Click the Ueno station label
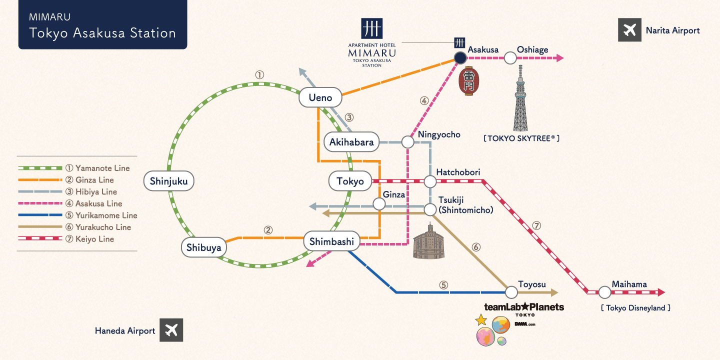[320, 98]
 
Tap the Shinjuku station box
[168, 181]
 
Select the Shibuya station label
[203, 247]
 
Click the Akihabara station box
[351, 142]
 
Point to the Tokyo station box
[350, 181]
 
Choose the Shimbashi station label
[331, 242]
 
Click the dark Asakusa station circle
[460, 58]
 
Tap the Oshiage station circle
[510, 58]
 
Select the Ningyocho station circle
[408, 142]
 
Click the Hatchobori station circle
[430, 181]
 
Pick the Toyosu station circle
[511, 292]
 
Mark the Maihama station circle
[605, 292]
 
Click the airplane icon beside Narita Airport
[629, 30]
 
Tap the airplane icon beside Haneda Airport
[171, 330]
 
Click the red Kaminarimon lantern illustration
[469, 81]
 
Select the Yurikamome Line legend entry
[77, 215]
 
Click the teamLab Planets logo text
[523, 307]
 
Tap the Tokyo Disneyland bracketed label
[635, 308]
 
